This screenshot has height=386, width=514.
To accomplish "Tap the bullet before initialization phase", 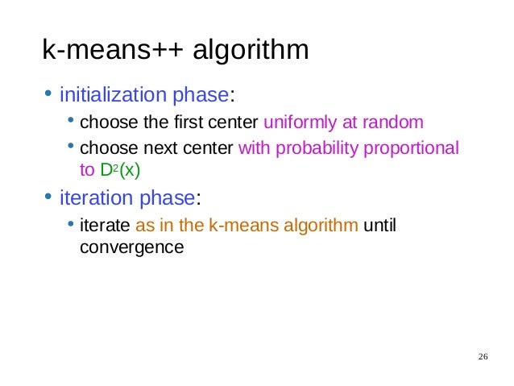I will coord(48,96).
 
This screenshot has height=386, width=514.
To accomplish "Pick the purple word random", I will coord(395,123).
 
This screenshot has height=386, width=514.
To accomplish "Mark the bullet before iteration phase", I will coord(48,197).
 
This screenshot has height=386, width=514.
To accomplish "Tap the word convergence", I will coord(131,247).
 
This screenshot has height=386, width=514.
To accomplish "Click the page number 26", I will coord(483,357).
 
